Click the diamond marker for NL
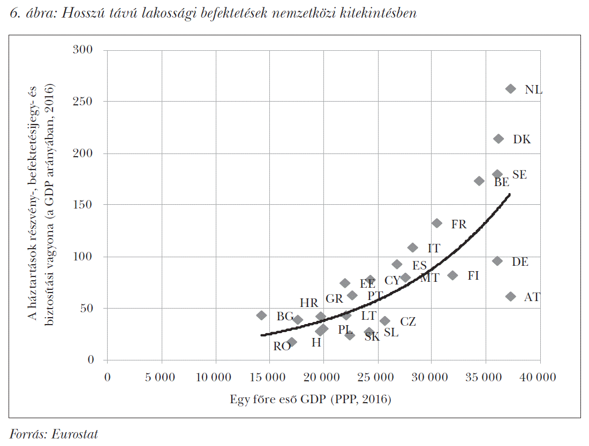(510, 89)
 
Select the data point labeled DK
(499, 139)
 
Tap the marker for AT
(510, 296)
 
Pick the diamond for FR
(437, 223)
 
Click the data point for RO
(291, 342)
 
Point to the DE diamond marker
(497, 261)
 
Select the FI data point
(453, 275)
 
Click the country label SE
(519, 175)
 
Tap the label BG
(285, 317)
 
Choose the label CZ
(408, 321)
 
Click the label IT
(434, 249)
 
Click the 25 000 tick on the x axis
(377, 377)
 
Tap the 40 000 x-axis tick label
(539, 377)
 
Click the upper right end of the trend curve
(509, 195)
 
